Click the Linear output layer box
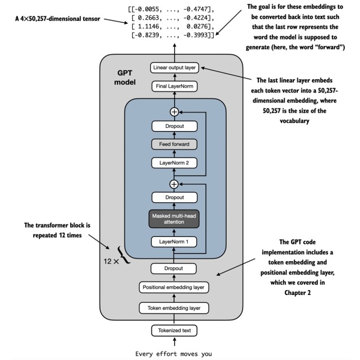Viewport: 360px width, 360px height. (174, 68)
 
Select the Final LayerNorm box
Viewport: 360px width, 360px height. (174, 86)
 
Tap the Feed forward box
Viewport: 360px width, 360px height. (174, 144)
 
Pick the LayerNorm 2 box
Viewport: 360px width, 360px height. (174, 163)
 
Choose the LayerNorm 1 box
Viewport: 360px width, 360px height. (174, 242)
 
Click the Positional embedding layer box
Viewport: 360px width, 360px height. (174, 288)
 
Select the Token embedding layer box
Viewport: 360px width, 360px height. (174, 308)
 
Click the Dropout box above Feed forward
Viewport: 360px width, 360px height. (174, 126)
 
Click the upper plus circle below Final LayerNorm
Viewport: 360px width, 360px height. (174, 111)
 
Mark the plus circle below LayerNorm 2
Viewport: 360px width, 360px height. (174, 184)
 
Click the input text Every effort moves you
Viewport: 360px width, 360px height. (174, 354)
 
